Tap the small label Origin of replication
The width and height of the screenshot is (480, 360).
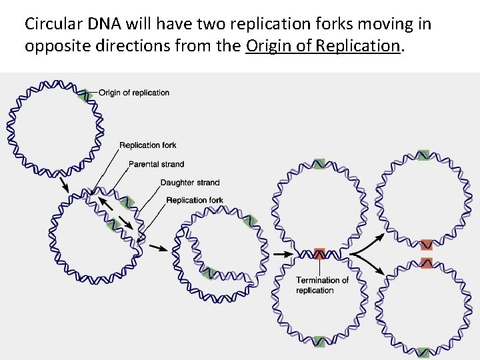[x=134, y=93]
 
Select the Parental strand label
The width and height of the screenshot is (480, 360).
[x=156, y=164]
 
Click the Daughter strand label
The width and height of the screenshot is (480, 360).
[x=189, y=183]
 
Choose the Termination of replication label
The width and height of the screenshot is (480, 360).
[x=322, y=285]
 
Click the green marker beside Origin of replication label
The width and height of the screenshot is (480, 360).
[x=83, y=95]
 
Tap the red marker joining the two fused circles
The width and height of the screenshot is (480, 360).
[x=319, y=253]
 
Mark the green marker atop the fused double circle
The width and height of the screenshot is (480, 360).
[x=319, y=163]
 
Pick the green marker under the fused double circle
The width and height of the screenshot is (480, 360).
[x=319, y=344]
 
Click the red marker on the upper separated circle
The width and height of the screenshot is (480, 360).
[x=427, y=245]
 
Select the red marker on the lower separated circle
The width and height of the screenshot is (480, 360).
[x=427, y=262]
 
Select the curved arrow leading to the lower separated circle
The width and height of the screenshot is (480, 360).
[x=369, y=266]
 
